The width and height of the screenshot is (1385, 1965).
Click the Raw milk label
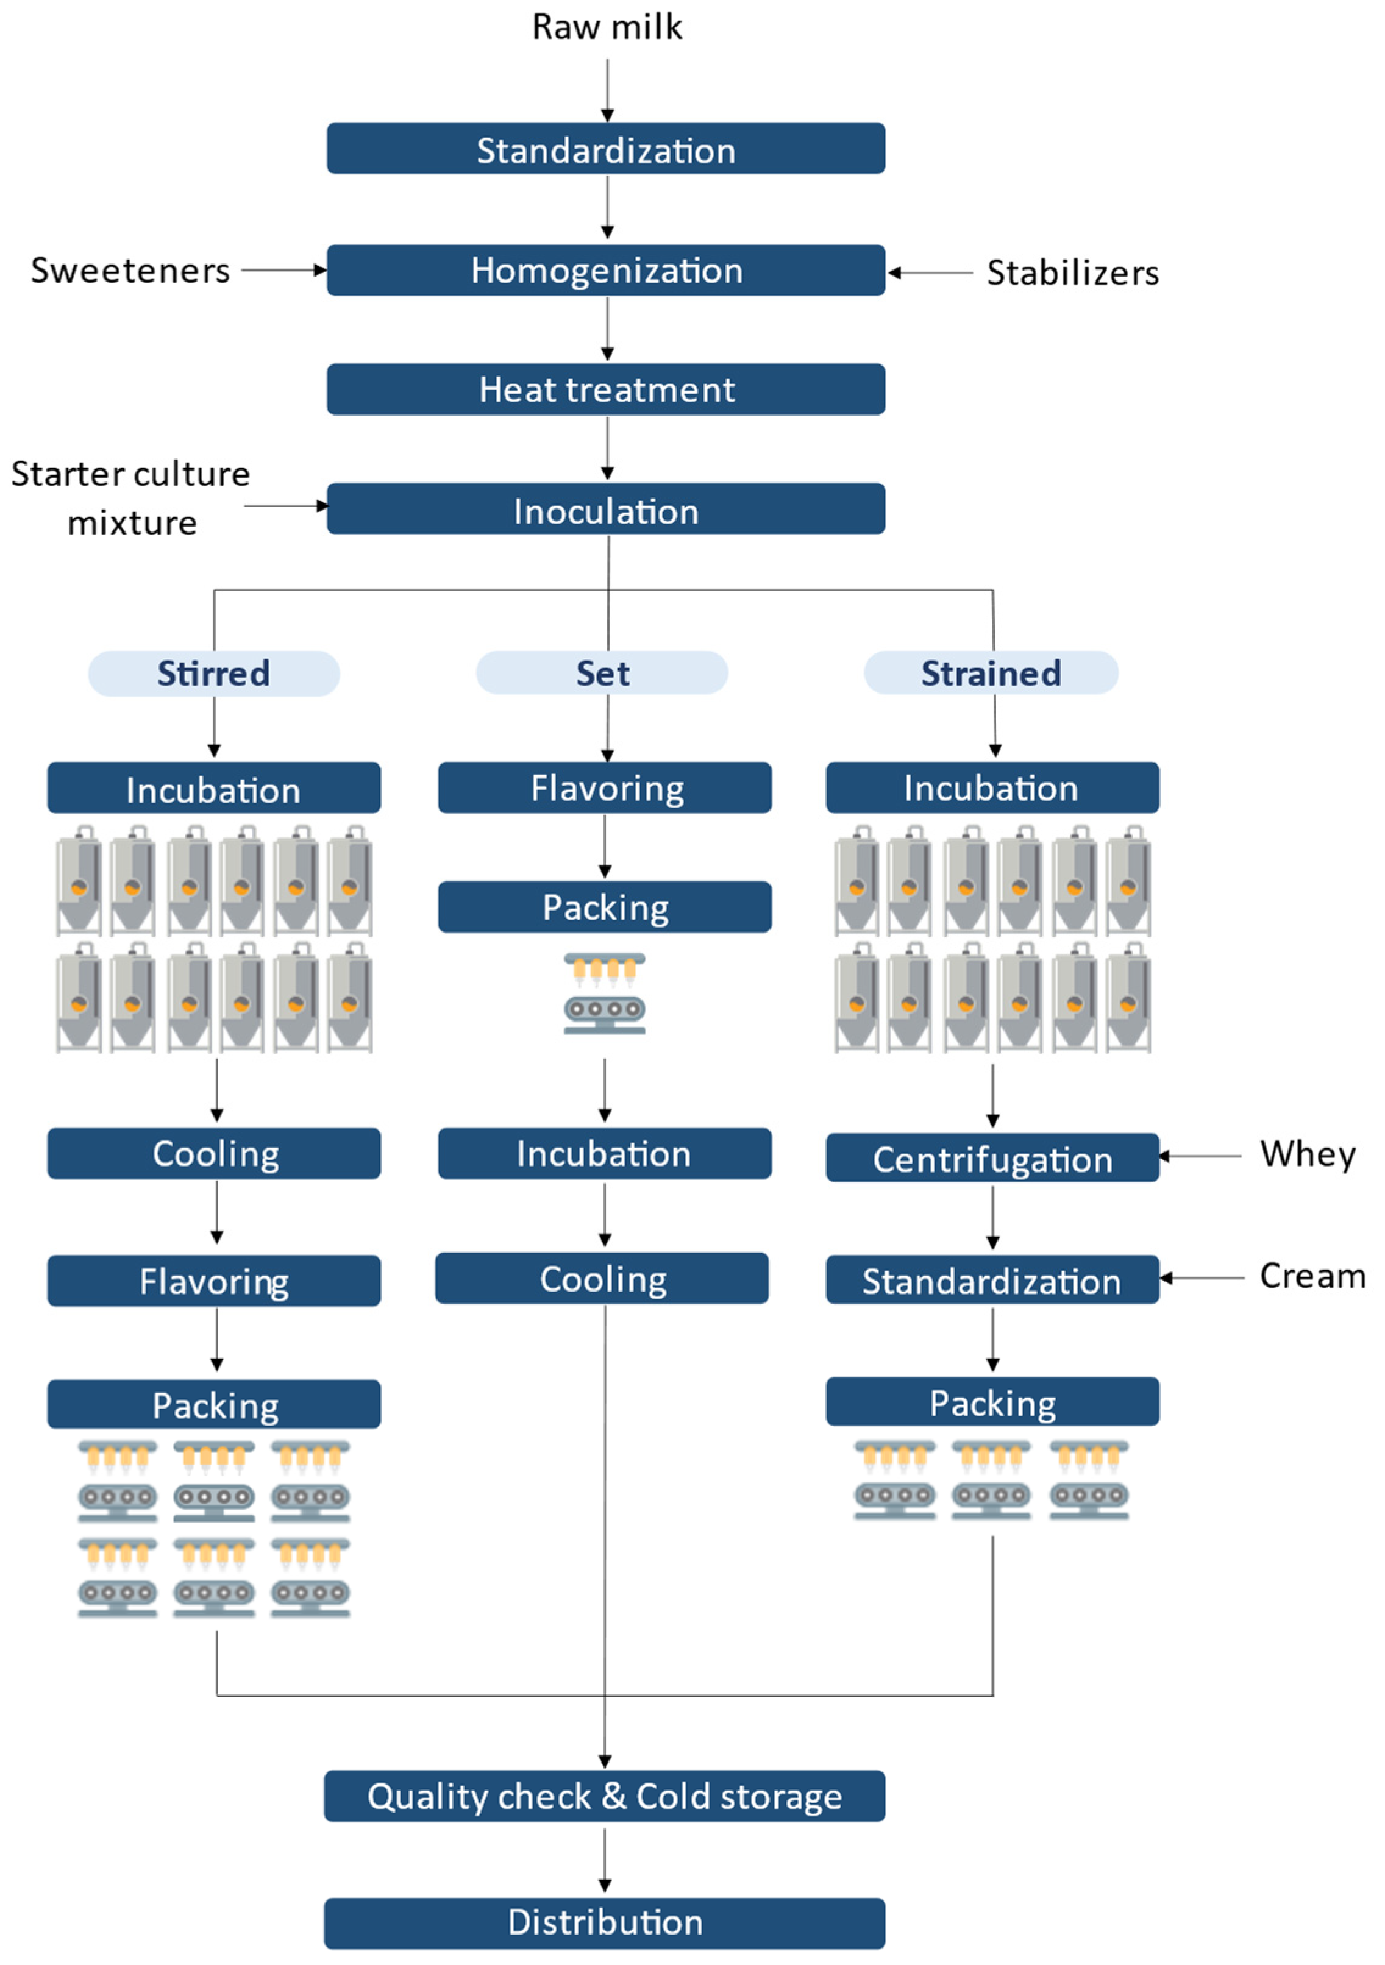[x=607, y=27]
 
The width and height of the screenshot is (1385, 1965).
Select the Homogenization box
[x=606, y=271]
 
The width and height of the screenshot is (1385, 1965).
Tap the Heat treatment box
[x=606, y=389]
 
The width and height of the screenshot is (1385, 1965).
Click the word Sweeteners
[x=130, y=271]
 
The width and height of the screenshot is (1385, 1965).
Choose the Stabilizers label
[x=1072, y=273]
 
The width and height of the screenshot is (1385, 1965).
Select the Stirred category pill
[x=214, y=673]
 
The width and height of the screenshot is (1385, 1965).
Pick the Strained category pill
[x=991, y=673]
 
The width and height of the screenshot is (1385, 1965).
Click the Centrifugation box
[x=992, y=1158]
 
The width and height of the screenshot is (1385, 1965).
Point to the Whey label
[x=1307, y=1154]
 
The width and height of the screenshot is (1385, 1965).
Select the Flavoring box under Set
[x=604, y=787]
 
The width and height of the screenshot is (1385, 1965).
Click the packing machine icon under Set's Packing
[x=604, y=993]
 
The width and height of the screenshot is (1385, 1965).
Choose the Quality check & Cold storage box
[x=604, y=1796]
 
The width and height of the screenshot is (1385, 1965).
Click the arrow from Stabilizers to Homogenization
[x=930, y=273]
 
